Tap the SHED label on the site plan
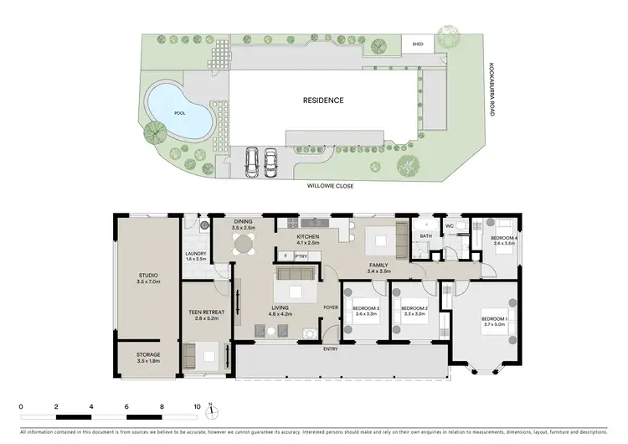416,45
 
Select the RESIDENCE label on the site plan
323,101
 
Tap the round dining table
244,245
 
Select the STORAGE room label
148,354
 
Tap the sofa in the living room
295,275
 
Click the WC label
450,226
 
